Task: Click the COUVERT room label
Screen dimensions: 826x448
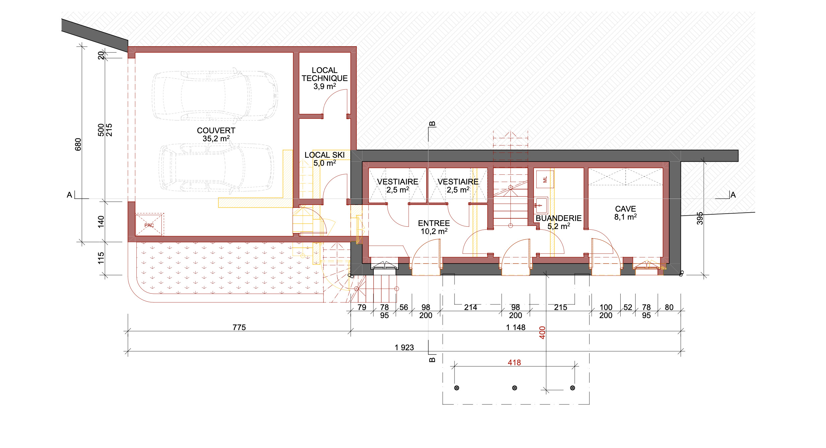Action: pyautogui.click(x=216, y=131)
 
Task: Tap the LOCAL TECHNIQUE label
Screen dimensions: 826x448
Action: pyautogui.click(x=325, y=74)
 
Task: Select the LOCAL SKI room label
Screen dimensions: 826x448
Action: pyautogui.click(x=325, y=155)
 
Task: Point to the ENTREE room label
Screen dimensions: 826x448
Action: pyautogui.click(x=434, y=223)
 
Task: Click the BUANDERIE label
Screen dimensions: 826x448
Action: pyautogui.click(x=559, y=218)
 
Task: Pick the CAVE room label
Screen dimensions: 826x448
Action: pyautogui.click(x=625, y=209)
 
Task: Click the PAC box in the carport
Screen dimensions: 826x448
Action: pyautogui.click(x=149, y=225)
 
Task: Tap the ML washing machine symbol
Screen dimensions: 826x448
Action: pyautogui.click(x=545, y=179)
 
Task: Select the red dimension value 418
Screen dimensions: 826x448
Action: pyautogui.click(x=514, y=363)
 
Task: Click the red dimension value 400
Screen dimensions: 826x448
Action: pyautogui.click(x=542, y=332)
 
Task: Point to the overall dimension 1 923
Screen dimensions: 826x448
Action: pyautogui.click(x=404, y=348)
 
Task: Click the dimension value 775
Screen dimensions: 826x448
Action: pyautogui.click(x=239, y=327)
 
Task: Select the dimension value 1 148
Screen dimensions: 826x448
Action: pyautogui.click(x=515, y=327)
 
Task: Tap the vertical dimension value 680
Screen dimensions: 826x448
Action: pyautogui.click(x=78, y=144)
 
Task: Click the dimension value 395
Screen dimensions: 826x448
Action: pyautogui.click(x=700, y=218)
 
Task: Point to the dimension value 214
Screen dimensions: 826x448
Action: pyautogui.click(x=471, y=307)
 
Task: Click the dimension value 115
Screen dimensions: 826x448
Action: pyautogui.click(x=101, y=258)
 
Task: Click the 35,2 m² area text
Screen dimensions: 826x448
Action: pyautogui.click(x=216, y=139)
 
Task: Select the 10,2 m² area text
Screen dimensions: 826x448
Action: pyautogui.click(x=434, y=231)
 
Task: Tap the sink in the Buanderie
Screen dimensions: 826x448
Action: pyautogui.click(x=541, y=205)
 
